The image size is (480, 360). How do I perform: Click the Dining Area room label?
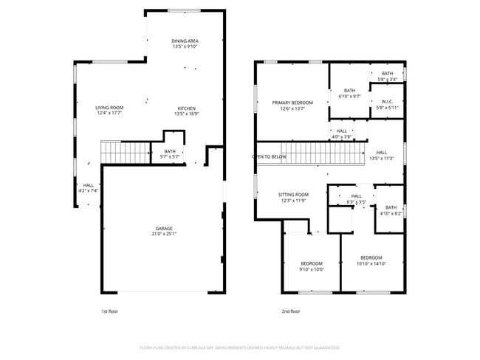point(185,41)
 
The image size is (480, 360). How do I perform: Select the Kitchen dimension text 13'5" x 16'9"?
point(185,114)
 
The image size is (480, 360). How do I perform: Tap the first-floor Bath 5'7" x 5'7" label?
point(170,153)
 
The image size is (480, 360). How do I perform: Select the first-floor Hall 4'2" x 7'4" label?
point(88,188)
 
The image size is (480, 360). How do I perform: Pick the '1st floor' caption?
point(109,311)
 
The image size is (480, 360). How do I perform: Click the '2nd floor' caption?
point(291,311)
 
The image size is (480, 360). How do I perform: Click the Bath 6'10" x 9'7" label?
point(349,93)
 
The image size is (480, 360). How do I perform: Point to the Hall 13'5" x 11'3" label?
point(381,155)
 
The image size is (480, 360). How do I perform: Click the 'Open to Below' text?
point(270,156)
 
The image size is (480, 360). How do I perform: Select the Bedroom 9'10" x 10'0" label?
point(312,266)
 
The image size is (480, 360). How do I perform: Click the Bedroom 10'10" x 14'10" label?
point(371,260)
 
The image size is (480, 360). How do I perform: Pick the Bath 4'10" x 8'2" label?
point(391,210)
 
